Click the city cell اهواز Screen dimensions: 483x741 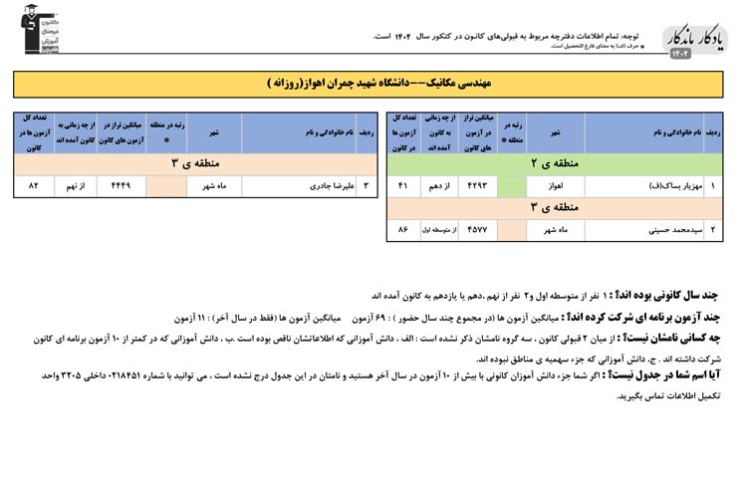coord(556,185)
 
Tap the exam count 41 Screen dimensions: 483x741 coord(402,185)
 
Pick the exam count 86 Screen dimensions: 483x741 coord(402,230)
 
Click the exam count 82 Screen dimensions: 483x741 coord(34,185)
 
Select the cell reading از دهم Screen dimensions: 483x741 coord(438,185)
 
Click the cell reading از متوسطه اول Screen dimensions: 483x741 coord(438,230)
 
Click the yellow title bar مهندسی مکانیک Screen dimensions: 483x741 coord(370,84)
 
